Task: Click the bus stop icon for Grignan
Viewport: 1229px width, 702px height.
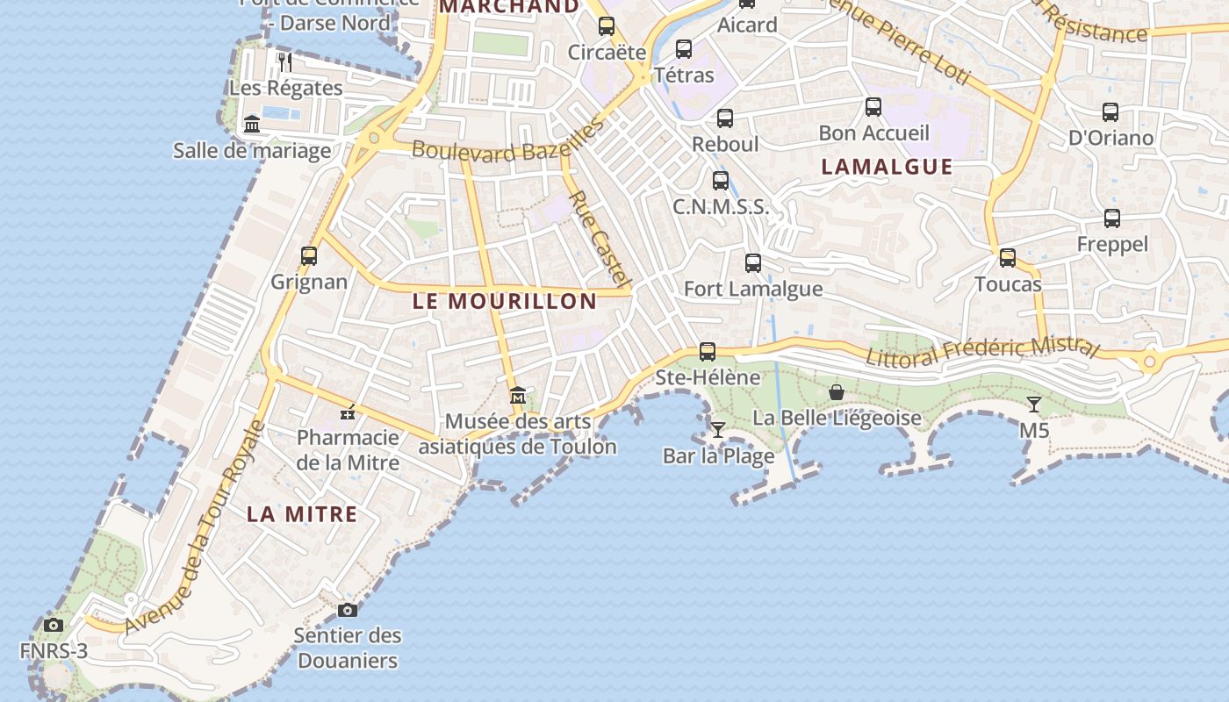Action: click(309, 256)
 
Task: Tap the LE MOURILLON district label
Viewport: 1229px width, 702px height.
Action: click(505, 301)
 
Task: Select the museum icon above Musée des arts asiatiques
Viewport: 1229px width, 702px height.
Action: click(518, 396)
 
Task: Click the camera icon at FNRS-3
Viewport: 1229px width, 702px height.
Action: click(54, 625)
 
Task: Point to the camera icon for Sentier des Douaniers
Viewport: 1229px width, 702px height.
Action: click(348, 610)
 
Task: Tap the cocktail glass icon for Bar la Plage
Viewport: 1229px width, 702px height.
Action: click(718, 429)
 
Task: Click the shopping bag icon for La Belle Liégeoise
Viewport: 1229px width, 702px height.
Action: click(837, 391)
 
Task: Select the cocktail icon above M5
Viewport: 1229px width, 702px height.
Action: click(1034, 405)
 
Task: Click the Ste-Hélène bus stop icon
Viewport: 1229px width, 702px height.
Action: click(708, 352)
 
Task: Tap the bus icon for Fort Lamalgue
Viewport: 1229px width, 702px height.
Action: click(753, 262)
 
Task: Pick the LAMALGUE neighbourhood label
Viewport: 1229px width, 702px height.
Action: click(887, 167)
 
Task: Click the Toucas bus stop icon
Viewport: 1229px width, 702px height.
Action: click(1008, 258)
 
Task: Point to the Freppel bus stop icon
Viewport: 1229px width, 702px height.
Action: click(1112, 218)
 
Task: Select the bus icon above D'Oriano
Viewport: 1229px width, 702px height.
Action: click(1110, 112)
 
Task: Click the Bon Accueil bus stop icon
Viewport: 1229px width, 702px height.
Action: click(873, 107)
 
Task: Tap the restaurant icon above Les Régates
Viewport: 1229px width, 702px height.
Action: click(284, 61)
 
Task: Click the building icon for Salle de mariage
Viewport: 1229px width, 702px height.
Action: click(252, 124)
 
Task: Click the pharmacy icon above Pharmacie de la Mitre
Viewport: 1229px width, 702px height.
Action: click(349, 412)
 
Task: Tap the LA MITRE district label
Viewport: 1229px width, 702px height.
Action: click(302, 514)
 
